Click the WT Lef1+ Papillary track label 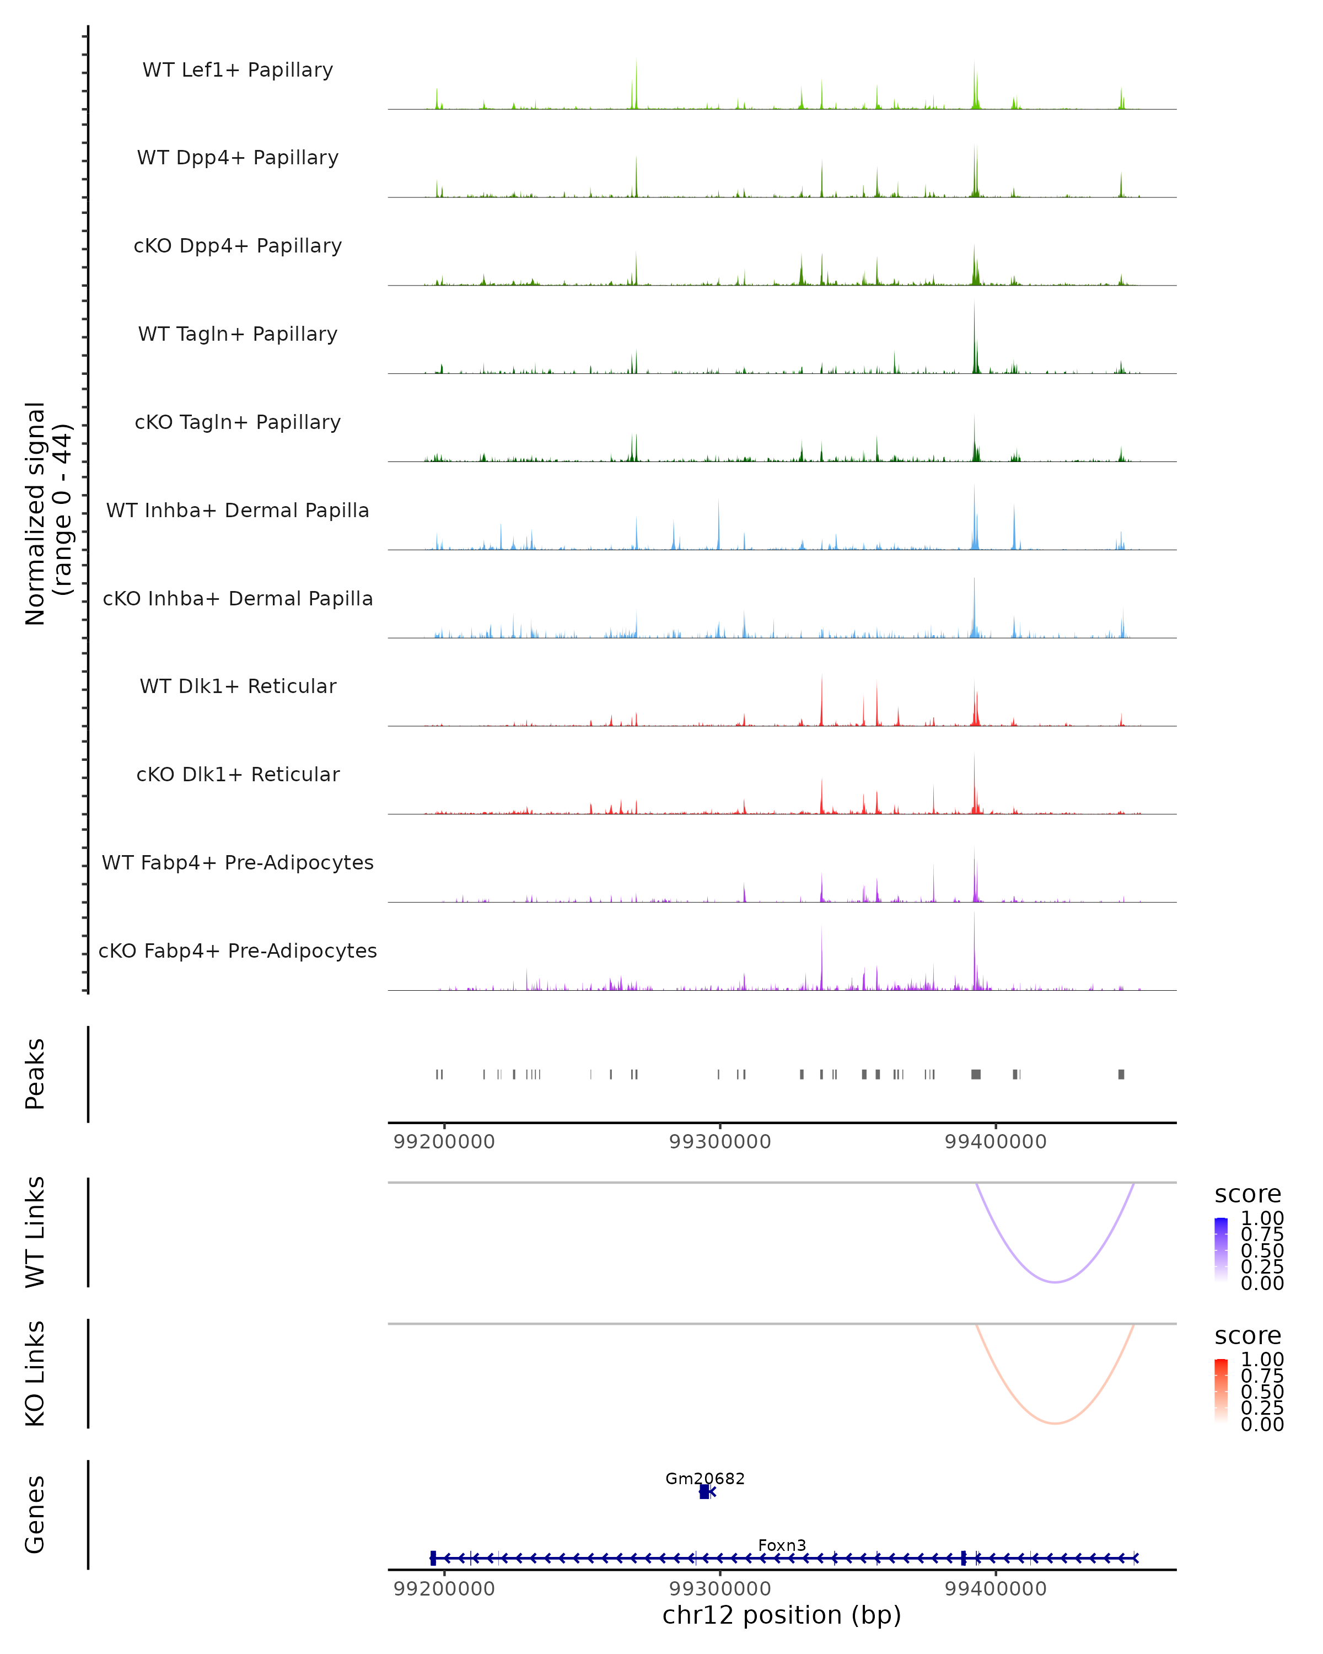click(x=238, y=70)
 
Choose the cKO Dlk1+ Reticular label click(x=238, y=774)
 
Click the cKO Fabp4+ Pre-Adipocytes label click(x=238, y=950)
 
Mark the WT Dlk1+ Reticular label click(x=238, y=686)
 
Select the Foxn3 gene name click(x=782, y=1545)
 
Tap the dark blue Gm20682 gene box click(x=704, y=1492)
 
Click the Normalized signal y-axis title click(x=47, y=513)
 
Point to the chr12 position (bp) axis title click(x=782, y=1615)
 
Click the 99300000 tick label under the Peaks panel click(x=719, y=1142)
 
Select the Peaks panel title click(x=35, y=1074)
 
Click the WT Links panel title click(x=35, y=1232)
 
